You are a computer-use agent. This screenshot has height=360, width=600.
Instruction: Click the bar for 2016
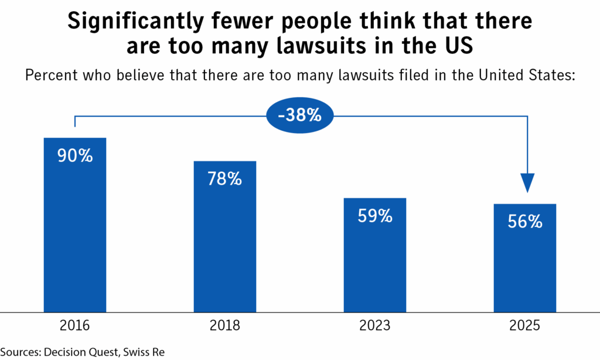point(75,235)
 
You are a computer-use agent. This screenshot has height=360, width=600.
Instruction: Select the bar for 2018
point(225,246)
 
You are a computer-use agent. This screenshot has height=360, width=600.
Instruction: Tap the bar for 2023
point(375,264)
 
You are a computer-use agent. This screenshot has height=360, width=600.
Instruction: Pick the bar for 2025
point(525,267)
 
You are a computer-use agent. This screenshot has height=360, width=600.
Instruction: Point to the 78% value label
point(225,179)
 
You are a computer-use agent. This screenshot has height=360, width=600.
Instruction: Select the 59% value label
point(375,216)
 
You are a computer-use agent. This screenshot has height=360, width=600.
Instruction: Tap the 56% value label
point(525,222)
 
